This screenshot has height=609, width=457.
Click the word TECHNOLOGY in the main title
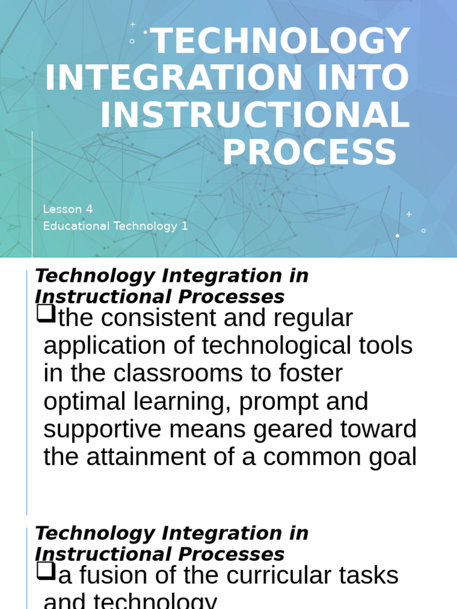281,42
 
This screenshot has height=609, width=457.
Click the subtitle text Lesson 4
68,209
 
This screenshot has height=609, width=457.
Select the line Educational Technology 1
115,226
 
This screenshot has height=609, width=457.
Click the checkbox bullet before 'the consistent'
45,313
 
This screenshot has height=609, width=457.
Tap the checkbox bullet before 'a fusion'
45,571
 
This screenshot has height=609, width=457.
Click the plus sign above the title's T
133,24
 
